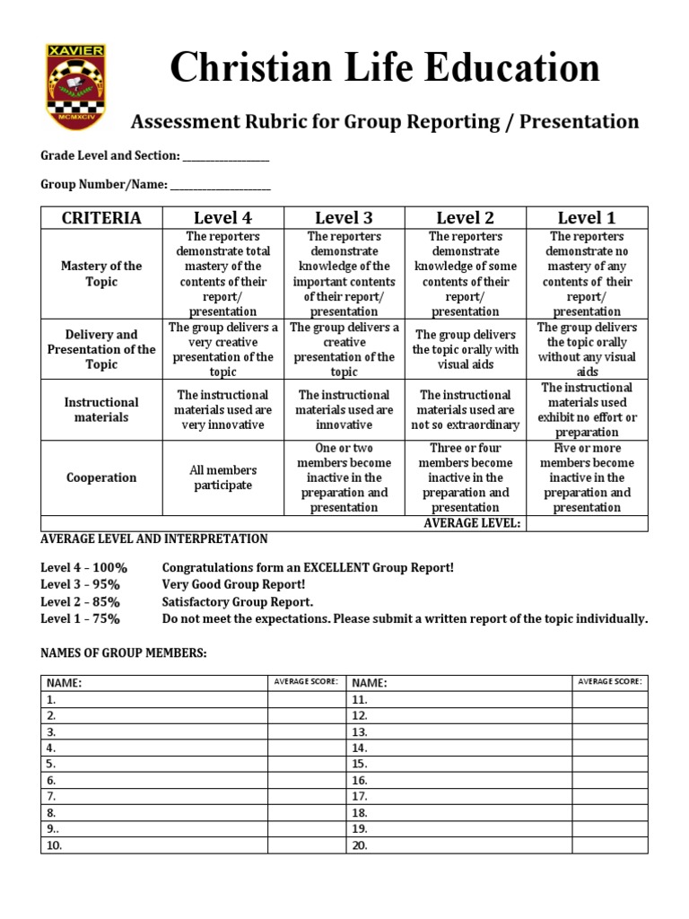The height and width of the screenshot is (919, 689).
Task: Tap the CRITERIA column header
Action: pyautogui.click(x=101, y=217)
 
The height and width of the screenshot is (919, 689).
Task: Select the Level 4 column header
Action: pyautogui.click(x=222, y=217)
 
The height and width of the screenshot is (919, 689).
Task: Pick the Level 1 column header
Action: pyautogui.click(x=587, y=217)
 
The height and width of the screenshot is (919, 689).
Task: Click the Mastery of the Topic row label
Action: pyautogui.click(x=101, y=274)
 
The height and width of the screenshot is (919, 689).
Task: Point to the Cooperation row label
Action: pyautogui.click(x=101, y=477)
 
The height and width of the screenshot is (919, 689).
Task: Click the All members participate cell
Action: pyautogui.click(x=222, y=477)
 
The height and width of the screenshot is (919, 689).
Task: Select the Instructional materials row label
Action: pyautogui.click(x=101, y=409)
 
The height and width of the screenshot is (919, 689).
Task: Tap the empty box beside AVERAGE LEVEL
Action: pyautogui.click(x=587, y=523)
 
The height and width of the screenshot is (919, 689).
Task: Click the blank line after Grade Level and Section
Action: pyautogui.click(x=226, y=157)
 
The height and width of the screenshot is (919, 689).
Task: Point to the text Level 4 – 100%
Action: pyautogui.click(x=84, y=567)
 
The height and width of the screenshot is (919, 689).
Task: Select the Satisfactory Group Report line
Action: pyautogui.click(x=238, y=601)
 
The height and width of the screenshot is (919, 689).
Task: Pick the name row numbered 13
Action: pyautogui.click(x=459, y=731)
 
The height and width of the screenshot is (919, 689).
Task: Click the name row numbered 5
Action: pyautogui.click(x=153, y=764)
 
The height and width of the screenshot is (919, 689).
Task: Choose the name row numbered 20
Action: pyautogui.click(x=459, y=845)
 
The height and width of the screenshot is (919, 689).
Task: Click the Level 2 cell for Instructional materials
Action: pyautogui.click(x=466, y=409)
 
